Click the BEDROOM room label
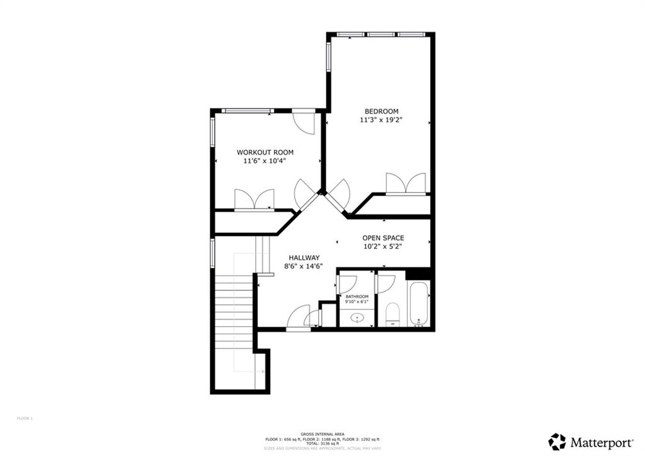379,111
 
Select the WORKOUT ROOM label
265,152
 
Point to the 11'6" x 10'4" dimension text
265,161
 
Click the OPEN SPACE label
383,238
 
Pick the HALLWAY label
304,257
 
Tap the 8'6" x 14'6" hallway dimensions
304,266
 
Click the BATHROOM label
357,296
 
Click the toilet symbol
393,313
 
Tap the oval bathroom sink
358,318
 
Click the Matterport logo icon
557,441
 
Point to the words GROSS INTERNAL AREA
322,434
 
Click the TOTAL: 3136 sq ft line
322,443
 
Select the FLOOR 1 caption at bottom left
25,418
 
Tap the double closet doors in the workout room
254,199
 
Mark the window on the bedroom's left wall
328,56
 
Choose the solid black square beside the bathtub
417,273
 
